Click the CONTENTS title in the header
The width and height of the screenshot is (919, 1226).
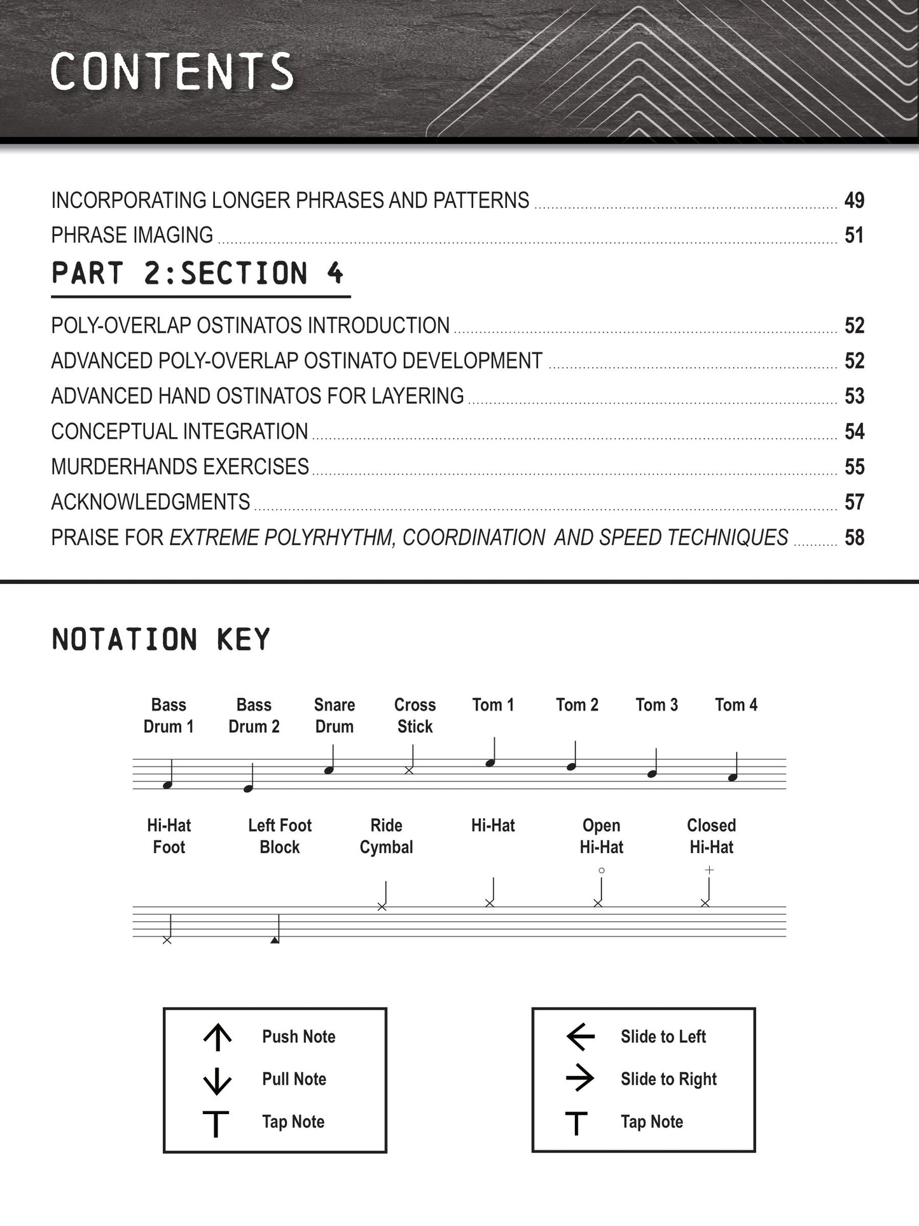click(x=172, y=71)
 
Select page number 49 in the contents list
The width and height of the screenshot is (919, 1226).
click(x=853, y=200)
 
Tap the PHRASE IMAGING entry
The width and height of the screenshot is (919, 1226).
click(x=132, y=235)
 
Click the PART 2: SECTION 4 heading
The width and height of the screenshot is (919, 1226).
click(x=198, y=274)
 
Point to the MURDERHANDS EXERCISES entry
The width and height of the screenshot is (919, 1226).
click(x=180, y=467)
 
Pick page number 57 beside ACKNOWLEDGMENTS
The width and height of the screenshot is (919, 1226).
click(x=853, y=503)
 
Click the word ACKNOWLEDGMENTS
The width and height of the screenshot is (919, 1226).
click(x=151, y=503)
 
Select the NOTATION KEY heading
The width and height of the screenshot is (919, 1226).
click(x=161, y=639)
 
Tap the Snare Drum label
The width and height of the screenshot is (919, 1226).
click(x=335, y=715)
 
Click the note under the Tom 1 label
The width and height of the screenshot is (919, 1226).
click(x=490, y=763)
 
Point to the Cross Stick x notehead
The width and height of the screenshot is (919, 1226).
click(x=409, y=770)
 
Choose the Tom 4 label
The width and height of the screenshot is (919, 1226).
click(x=736, y=705)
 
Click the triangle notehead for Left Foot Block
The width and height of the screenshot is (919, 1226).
click(x=275, y=939)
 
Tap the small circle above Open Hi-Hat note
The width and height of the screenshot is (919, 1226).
click(x=601, y=870)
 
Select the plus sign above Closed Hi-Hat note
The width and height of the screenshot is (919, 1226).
click(x=709, y=870)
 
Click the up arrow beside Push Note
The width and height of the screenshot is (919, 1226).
click(x=218, y=1037)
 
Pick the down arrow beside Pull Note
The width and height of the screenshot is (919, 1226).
click(x=218, y=1080)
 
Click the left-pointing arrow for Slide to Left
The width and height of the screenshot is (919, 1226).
click(x=580, y=1037)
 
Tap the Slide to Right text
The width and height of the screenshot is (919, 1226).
click(x=668, y=1079)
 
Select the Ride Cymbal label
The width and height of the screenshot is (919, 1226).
click(x=386, y=836)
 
